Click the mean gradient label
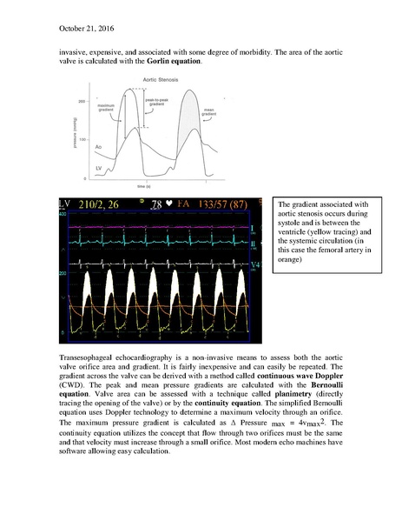pos(208,113)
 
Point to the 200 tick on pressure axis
pos(82,101)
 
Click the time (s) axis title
pos(143,187)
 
